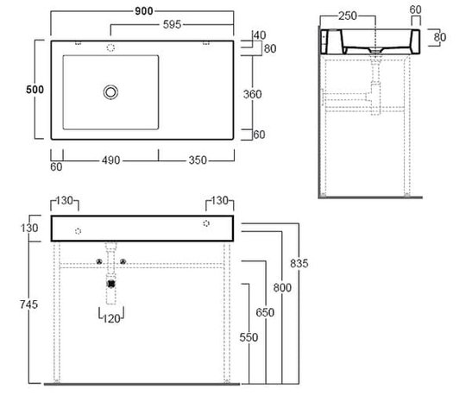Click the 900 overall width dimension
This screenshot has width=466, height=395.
144,11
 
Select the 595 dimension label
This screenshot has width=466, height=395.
172,24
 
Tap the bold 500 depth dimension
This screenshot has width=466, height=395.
35,90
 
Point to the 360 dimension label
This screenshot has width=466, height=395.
252,94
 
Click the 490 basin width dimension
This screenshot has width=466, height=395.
110,160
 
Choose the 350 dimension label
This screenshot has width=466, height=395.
198,160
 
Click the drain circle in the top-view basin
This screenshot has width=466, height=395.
110,92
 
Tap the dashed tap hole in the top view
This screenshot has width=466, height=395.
110,47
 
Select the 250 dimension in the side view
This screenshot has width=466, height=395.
348,16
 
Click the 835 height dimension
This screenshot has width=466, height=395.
299,263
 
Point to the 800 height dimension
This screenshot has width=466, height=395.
282,287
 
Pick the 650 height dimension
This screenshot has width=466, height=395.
265,312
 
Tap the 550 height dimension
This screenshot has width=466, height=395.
249,337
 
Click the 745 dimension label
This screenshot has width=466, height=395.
28,304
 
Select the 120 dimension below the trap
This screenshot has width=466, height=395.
111,318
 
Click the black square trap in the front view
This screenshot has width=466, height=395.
111,284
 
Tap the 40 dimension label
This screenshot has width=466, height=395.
260,35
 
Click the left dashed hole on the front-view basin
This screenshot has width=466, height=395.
78,231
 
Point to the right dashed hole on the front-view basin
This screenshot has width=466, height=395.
206,223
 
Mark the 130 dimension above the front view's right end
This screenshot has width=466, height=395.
220,200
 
